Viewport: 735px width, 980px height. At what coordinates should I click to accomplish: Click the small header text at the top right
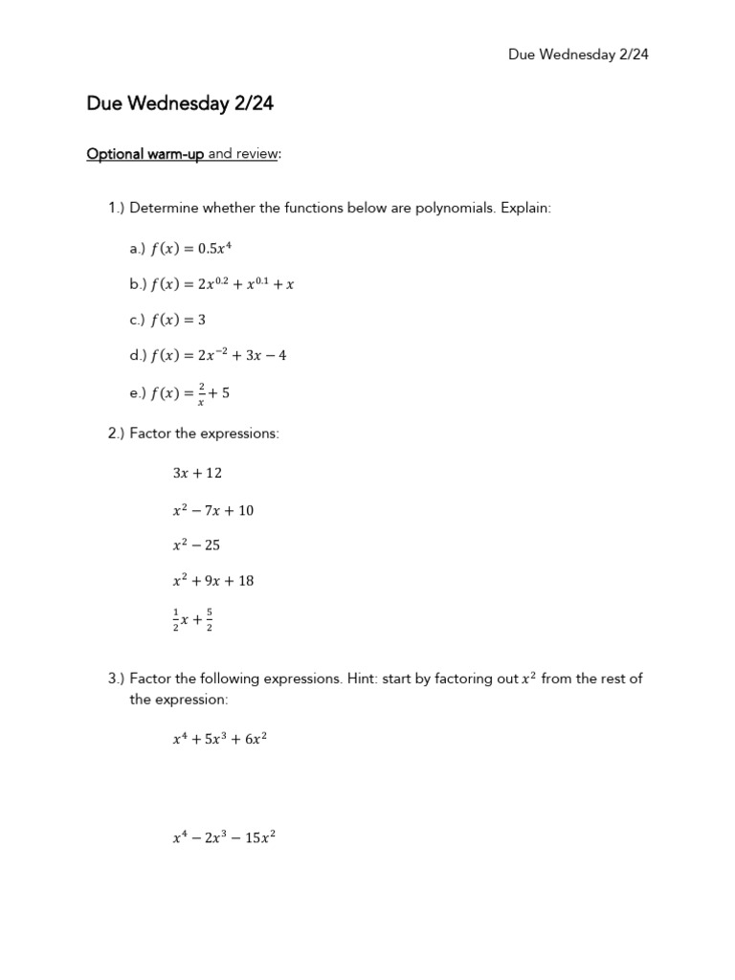tap(578, 55)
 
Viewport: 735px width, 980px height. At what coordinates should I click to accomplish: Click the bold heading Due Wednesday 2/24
tap(180, 104)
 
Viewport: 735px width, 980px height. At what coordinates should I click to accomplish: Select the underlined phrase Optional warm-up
tap(145, 154)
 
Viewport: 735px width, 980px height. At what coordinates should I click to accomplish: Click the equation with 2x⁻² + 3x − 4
tap(219, 355)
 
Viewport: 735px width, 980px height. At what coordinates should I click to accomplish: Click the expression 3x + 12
tap(197, 473)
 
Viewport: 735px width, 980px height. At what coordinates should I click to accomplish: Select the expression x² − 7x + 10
tap(213, 510)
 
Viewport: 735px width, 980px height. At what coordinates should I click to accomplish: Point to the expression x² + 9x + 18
tap(213, 580)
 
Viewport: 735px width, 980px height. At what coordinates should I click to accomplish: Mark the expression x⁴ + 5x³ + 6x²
tap(218, 738)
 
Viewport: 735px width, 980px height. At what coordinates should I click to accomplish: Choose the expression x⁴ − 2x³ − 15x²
tap(224, 838)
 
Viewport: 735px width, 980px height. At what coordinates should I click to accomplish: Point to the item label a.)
tap(135, 249)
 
